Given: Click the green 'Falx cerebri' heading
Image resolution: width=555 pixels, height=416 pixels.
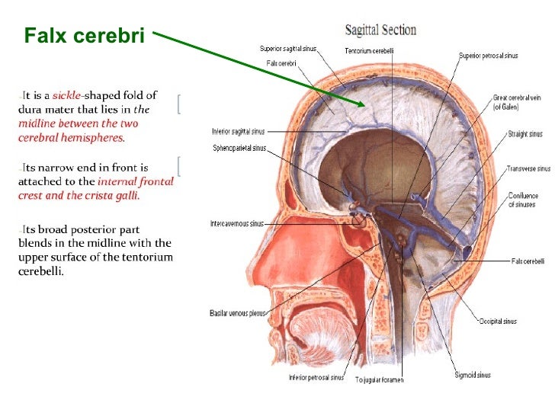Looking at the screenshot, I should coord(83,35).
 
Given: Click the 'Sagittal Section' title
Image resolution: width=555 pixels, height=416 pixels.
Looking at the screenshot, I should coord(380,30).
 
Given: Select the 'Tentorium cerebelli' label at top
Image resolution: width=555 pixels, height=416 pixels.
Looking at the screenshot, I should coord(368,51).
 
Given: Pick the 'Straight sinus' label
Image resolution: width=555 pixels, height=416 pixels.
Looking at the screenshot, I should coord(525,135).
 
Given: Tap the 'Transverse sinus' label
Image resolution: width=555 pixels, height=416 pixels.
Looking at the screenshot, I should coord(528,168).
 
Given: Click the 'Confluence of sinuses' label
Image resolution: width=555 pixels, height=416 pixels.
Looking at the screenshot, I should coord(525,199).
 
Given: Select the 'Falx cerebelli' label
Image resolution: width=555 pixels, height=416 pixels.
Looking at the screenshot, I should coord(528,261).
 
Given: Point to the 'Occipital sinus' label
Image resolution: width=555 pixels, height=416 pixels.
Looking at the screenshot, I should coord(498,321).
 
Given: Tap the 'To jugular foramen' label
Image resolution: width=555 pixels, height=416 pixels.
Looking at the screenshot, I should coord(379,379).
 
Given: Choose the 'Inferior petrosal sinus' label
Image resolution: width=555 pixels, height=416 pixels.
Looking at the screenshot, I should coord(316,377).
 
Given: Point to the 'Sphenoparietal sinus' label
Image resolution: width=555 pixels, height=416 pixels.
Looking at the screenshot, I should coord(239,148).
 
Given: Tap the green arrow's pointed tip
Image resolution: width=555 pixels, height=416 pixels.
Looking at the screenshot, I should coord(364,104).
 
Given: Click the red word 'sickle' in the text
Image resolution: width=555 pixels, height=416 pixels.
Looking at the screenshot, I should coord(66,96).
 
